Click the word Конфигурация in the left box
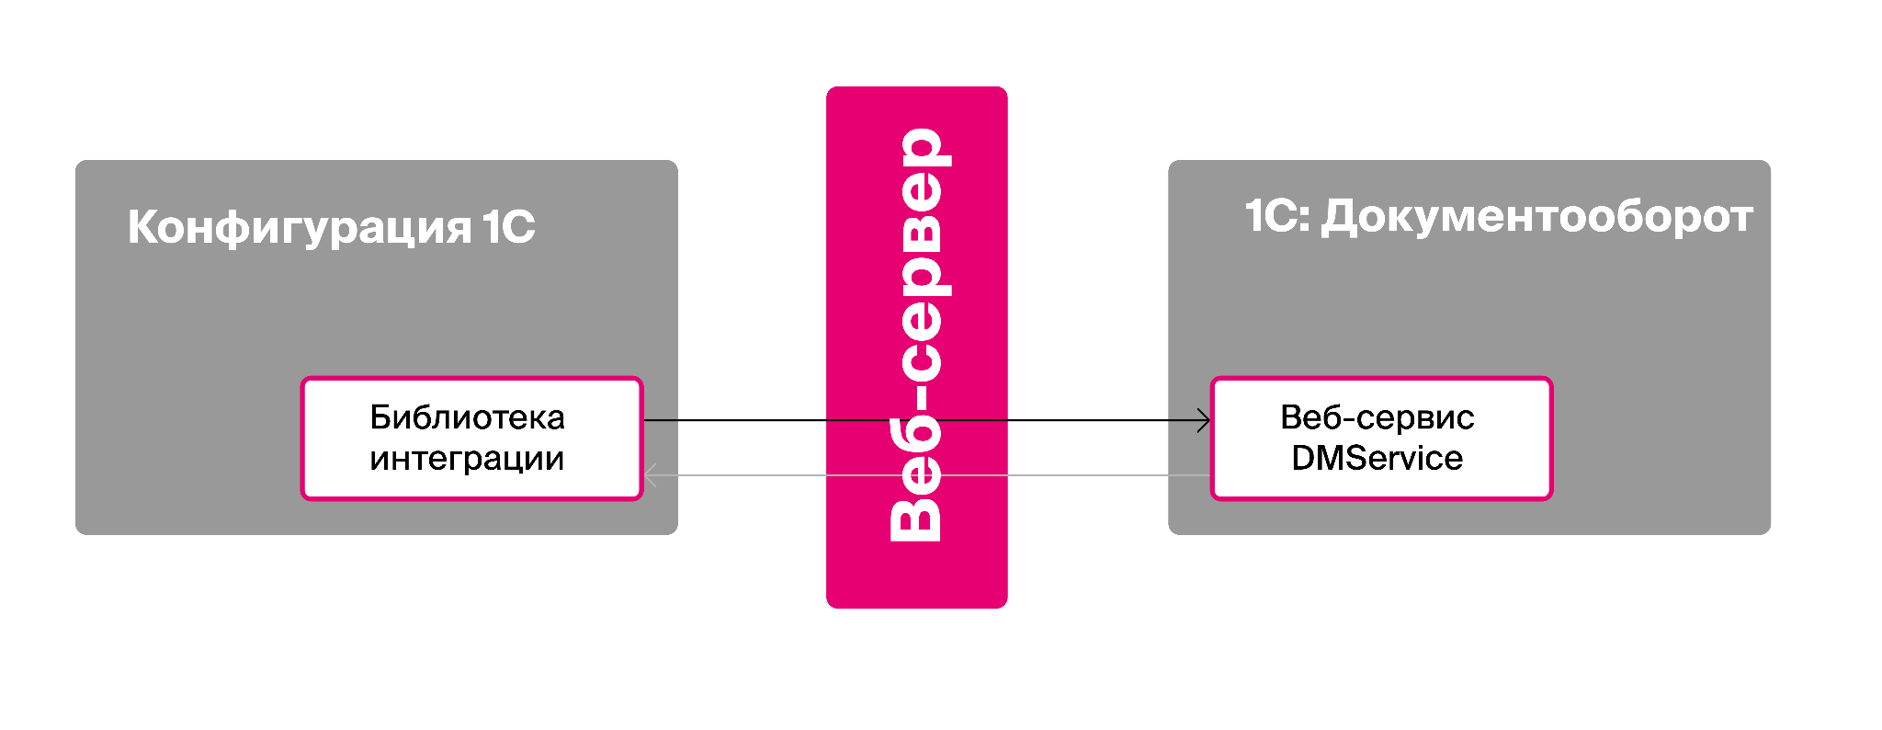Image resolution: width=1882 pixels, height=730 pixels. click(x=300, y=227)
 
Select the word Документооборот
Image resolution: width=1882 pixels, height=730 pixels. click(x=1536, y=218)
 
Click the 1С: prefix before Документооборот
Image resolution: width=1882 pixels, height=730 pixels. click(x=1277, y=217)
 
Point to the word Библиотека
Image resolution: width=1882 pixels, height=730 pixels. click(x=467, y=418)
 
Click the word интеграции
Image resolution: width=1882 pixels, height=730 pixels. click(x=467, y=458)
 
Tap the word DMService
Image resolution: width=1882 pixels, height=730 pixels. click(x=1377, y=458)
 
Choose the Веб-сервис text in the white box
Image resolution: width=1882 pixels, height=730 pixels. click(x=1377, y=418)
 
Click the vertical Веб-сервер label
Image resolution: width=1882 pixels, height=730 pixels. click(x=916, y=335)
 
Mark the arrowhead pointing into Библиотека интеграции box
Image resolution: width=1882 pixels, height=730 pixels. click(x=650, y=475)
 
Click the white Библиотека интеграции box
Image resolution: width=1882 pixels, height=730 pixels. click(x=471, y=439)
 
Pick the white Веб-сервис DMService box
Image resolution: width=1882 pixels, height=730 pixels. click(x=1381, y=439)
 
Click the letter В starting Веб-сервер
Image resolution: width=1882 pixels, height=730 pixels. click(x=916, y=519)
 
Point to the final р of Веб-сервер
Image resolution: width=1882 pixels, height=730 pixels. click(x=922, y=147)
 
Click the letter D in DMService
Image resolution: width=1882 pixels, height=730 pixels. click(x=1304, y=458)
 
